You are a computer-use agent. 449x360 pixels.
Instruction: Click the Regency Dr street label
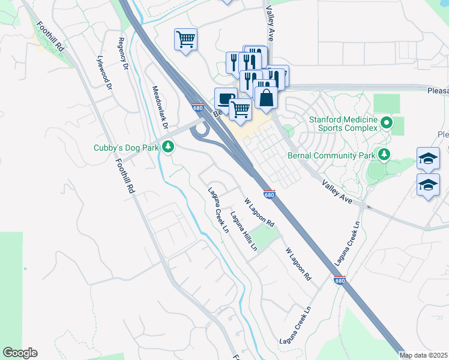pos(124,54)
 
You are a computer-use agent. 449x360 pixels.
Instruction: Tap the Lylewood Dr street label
pos(104,73)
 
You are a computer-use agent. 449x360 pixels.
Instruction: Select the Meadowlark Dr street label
pos(158,106)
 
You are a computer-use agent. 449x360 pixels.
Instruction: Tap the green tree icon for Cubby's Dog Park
pos(169,146)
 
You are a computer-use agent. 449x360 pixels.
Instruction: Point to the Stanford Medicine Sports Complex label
pos(343,124)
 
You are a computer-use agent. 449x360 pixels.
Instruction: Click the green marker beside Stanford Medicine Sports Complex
pos(387,124)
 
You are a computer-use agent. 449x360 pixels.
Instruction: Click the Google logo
pos(20,353)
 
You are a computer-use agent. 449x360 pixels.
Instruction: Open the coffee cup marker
pos(226,98)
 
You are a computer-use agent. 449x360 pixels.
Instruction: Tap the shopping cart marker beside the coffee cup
pos(241,109)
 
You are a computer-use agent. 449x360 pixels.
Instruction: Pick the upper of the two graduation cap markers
pos(428,158)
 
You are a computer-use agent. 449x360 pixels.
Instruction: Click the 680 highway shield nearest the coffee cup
pos(198,107)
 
